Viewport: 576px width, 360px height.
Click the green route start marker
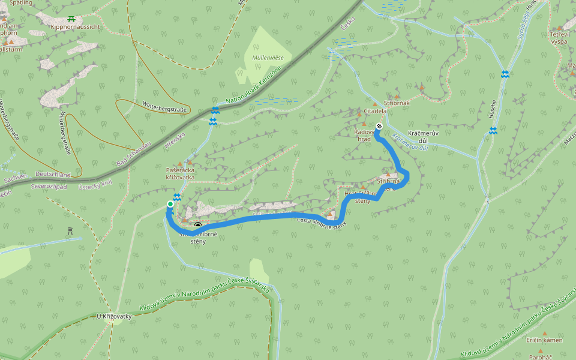pos(170,205)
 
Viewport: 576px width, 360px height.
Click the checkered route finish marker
pos(379,126)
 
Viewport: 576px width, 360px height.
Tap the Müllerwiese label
pos(268,57)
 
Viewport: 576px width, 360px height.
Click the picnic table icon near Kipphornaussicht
pos(72,19)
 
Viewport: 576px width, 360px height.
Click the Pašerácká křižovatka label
pos(180,173)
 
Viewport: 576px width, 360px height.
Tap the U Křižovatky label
pos(113,316)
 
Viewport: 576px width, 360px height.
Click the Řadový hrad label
pos(364,134)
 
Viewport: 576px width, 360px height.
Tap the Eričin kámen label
pos(544,340)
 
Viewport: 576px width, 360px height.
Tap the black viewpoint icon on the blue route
pos(198,226)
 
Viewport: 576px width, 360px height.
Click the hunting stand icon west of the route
pos(70,230)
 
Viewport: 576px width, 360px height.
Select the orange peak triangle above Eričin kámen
pos(545,333)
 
